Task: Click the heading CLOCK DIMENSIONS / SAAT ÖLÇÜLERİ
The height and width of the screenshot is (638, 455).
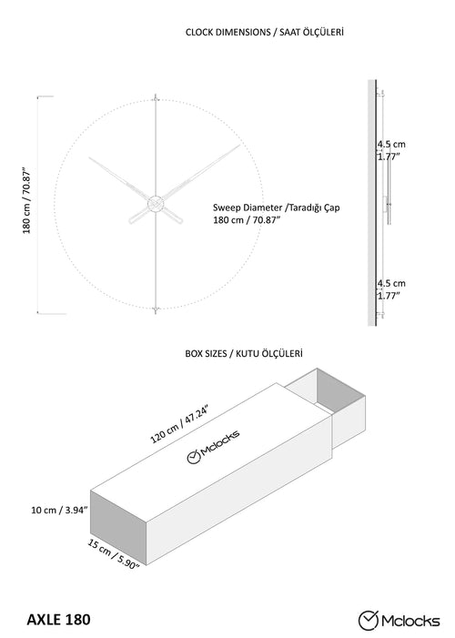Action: pyautogui.click(x=265, y=32)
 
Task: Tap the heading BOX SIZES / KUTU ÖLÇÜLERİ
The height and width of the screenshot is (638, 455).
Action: pyautogui.click(x=244, y=354)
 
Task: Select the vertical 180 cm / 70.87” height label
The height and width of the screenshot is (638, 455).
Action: pyautogui.click(x=27, y=200)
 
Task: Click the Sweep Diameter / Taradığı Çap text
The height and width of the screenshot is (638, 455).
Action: pyautogui.click(x=277, y=208)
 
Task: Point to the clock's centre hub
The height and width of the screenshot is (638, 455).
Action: pyautogui.click(x=156, y=204)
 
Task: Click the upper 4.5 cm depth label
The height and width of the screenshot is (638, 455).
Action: pyautogui.click(x=391, y=144)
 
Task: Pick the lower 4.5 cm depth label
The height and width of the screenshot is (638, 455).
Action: pyautogui.click(x=391, y=283)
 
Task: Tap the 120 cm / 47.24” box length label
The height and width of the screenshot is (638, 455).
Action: pyautogui.click(x=180, y=423)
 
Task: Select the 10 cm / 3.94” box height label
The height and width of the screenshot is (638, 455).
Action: pyautogui.click(x=60, y=510)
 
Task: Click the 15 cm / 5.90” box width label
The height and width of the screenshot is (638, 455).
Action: pyautogui.click(x=114, y=553)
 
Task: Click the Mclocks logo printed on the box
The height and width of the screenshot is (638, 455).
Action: pyautogui.click(x=213, y=446)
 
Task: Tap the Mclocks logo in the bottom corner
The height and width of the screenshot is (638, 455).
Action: pyautogui.click(x=399, y=621)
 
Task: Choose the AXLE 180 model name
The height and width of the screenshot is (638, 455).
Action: pyautogui.click(x=58, y=620)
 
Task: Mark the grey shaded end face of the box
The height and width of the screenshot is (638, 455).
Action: pyautogui.click(x=118, y=527)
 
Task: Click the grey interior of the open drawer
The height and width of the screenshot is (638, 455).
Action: pyautogui.click(x=340, y=389)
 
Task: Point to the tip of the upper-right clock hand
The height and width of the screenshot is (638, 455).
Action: pyautogui.click(x=239, y=146)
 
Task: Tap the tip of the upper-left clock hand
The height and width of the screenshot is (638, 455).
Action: pyautogui.click(x=89, y=157)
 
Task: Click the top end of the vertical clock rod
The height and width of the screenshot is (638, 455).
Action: pyautogui.click(x=156, y=95)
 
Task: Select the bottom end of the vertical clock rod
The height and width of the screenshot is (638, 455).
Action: pyautogui.click(x=156, y=313)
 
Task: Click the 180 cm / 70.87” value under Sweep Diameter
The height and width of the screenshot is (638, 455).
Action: pyautogui.click(x=247, y=220)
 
